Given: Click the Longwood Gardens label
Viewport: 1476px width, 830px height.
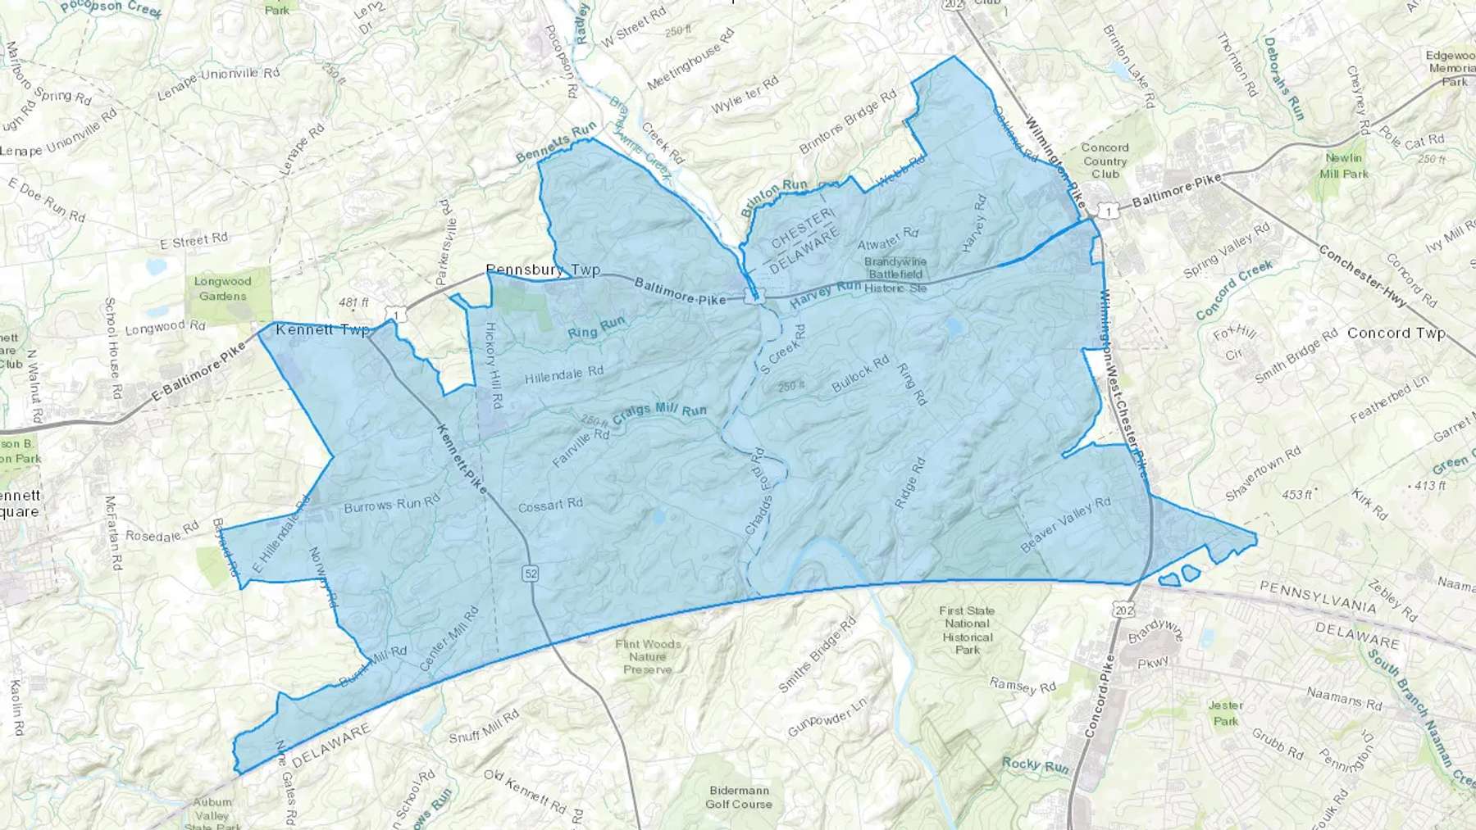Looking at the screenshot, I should pyautogui.click(x=222, y=288).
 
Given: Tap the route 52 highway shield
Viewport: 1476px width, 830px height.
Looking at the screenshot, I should pyautogui.click(x=531, y=574).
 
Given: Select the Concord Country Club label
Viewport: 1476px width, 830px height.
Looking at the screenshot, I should pyautogui.click(x=1105, y=161).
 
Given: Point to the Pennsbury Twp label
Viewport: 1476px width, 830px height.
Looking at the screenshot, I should pyautogui.click(x=543, y=269).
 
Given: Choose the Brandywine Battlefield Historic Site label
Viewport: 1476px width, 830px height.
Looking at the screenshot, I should pyautogui.click(x=895, y=274).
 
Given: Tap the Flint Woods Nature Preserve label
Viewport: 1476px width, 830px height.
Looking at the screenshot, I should pyautogui.click(x=648, y=656).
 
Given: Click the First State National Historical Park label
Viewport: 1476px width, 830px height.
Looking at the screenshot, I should pyautogui.click(x=967, y=630).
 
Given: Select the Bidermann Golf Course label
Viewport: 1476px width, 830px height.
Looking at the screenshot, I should pyautogui.click(x=739, y=797).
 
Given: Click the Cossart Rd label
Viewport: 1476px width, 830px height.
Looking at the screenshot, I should pyautogui.click(x=550, y=504).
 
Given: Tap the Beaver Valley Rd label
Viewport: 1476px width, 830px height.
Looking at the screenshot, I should pyautogui.click(x=1065, y=524).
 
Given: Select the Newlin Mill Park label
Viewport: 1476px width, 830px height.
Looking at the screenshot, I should pyautogui.click(x=1344, y=166).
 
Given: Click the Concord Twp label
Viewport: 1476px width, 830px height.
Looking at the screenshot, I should pyautogui.click(x=1396, y=333).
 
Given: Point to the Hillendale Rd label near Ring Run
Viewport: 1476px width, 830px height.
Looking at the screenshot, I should pyautogui.click(x=563, y=374).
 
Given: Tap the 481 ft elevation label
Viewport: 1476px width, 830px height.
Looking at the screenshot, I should pyautogui.click(x=353, y=302).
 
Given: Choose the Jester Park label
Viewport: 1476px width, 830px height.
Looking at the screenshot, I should pyautogui.click(x=1226, y=713).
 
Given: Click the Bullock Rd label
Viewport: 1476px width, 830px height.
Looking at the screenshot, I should pyautogui.click(x=860, y=374).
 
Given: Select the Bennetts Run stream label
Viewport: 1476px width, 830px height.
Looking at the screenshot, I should pyautogui.click(x=557, y=142).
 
